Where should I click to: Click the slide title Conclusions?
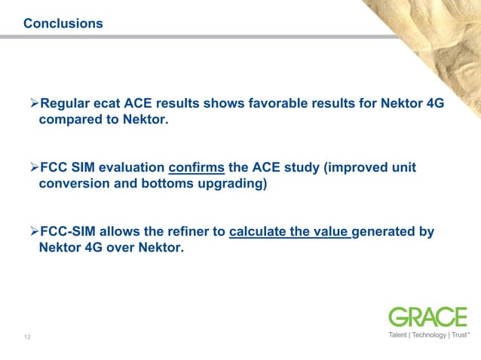point(63,24)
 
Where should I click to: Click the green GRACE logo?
point(427,317)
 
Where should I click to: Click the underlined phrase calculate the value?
point(290,232)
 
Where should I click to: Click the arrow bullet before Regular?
point(32,104)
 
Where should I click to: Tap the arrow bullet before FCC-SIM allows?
point(32,232)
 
